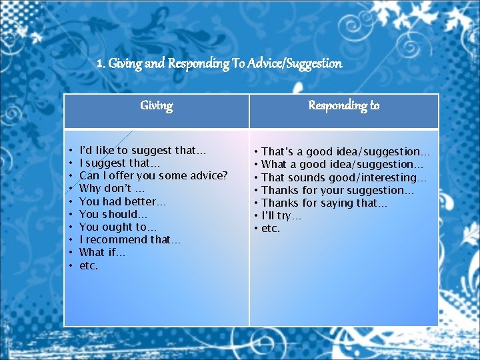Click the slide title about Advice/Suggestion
click(x=219, y=64)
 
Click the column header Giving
click(x=157, y=105)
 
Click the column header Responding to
click(x=344, y=105)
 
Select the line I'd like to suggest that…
click(x=143, y=150)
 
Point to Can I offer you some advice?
click(x=153, y=175)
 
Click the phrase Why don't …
click(x=112, y=189)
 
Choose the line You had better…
click(x=123, y=201)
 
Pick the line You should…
click(x=113, y=214)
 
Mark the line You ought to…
click(x=117, y=227)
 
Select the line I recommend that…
click(x=130, y=239)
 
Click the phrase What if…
click(x=103, y=252)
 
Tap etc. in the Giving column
click(x=89, y=265)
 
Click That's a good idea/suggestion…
click(x=346, y=152)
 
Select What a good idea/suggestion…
click(x=343, y=164)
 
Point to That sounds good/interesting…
click(x=344, y=177)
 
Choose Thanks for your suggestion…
click(x=337, y=190)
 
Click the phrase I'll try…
click(x=281, y=216)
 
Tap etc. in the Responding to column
click(x=271, y=229)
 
